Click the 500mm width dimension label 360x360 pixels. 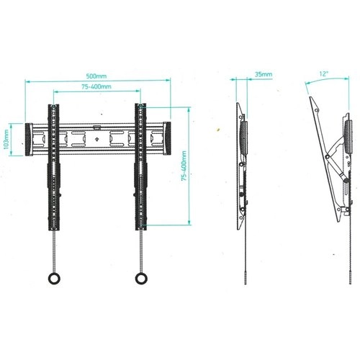(96, 76)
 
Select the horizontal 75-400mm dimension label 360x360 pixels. (96, 86)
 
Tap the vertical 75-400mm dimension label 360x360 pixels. (184, 166)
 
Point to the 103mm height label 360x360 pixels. (6, 139)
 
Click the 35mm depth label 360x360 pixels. (264, 74)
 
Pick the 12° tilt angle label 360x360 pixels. (323, 73)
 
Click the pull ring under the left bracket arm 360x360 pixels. (54, 279)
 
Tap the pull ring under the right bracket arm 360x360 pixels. (141, 279)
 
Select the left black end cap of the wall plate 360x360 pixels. (29, 140)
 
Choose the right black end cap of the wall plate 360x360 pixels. (167, 138)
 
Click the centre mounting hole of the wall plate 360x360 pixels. (96, 139)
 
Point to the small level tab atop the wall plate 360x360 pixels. (96, 127)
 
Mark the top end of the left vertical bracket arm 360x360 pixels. (53, 105)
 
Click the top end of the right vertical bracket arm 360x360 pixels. (140, 104)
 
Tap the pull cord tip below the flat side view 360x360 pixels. (246, 284)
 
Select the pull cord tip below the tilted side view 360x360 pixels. (350, 284)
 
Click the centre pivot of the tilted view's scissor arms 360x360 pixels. (327, 157)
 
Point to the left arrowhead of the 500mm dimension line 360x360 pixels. (27, 81)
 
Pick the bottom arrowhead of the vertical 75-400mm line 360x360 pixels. (189, 223)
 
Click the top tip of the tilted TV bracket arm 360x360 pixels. (310, 97)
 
